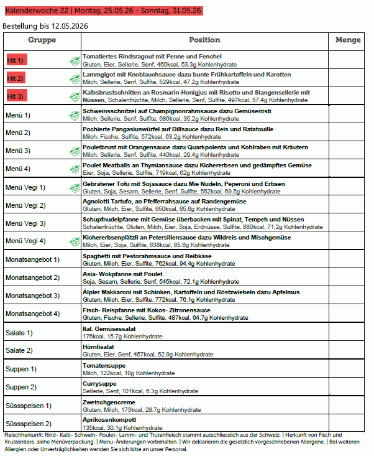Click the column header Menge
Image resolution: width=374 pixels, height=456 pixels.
(348, 40)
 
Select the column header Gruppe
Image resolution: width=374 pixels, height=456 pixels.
(42, 40)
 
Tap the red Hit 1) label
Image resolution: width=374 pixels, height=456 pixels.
(16, 60)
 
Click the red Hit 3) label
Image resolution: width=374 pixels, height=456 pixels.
(16, 96)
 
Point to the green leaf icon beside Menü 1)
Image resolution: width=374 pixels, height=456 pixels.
(74, 115)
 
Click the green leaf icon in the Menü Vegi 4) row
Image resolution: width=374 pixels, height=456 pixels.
(74, 241)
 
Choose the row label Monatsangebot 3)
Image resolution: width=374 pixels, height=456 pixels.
(32, 295)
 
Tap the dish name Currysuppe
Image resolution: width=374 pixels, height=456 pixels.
(99, 383)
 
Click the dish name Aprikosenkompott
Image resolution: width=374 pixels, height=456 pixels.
(109, 421)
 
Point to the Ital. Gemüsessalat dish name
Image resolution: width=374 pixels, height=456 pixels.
(109, 328)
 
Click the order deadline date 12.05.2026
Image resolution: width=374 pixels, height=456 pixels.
(68, 26)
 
